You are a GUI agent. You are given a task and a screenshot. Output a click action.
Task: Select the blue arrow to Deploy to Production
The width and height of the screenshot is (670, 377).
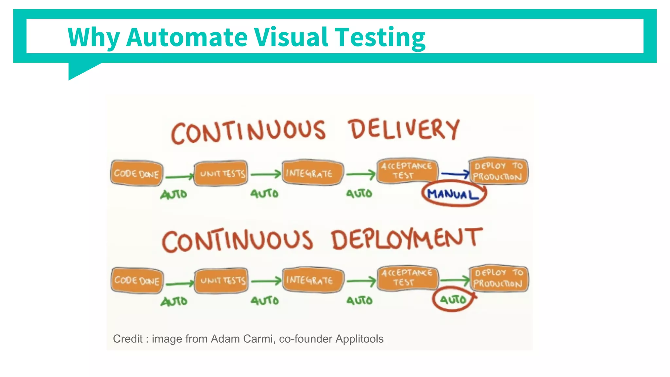click(455, 174)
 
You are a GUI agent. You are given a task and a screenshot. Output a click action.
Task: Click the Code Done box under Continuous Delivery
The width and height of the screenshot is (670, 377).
click(137, 173)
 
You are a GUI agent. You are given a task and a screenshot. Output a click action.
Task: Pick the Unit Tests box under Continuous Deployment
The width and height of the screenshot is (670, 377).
click(221, 280)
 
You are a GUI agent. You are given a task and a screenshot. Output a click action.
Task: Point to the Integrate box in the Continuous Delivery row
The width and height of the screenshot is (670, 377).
click(312, 173)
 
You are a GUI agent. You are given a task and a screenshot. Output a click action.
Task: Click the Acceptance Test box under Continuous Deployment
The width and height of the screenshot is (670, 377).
click(407, 278)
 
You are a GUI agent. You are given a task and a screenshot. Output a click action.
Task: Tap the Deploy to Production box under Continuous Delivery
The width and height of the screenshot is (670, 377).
click(498, 171)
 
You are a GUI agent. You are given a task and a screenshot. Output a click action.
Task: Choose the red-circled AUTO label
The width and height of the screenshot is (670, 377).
click(453, 299)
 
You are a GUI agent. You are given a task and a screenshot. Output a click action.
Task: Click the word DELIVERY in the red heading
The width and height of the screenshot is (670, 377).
click(404, 130)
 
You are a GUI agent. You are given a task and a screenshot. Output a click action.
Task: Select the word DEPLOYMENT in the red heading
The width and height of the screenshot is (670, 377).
click(407, 239)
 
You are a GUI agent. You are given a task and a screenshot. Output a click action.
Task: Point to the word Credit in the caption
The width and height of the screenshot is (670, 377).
click(128, 339)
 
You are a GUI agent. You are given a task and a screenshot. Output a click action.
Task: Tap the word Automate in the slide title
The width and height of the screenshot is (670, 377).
click(187, 37)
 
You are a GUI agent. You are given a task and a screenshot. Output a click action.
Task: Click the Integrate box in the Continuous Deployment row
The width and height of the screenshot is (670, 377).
click(313, 280)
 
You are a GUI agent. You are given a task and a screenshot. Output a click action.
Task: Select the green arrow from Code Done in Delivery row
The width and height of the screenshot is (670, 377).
click(179, 177)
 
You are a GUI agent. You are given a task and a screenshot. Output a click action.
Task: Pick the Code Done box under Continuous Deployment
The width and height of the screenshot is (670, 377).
click(137, 280)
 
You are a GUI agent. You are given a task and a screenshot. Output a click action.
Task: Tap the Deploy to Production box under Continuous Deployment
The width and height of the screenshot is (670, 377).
click(499, 278)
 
